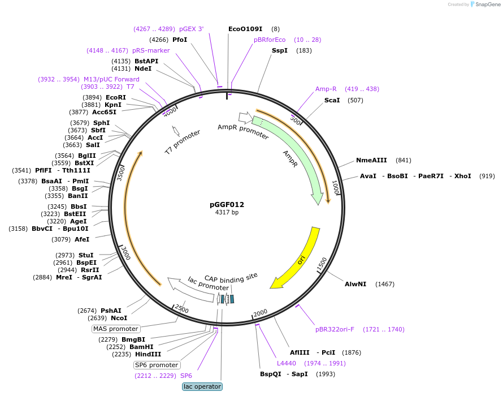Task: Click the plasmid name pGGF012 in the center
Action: (x=227, y=204)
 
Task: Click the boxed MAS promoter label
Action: (x=116, y=329)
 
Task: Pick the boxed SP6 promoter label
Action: (x=157, y=365)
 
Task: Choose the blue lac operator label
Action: (x=202, y=386)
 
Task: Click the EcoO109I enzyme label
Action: (x=245, y=29)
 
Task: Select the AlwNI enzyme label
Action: (x=355, y=284)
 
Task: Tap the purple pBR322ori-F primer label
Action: (x=336, y=329)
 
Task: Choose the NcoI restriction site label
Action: (x=119, y=318)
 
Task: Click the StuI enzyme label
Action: (x=86, y=255)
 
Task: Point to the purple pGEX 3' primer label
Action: (x=191, y=29)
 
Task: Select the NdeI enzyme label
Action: (x=142, y=68)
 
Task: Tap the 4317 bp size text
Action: (x=227, y=213)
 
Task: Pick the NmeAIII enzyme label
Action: (x=371, y=160)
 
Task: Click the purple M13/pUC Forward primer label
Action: (x=111, y=79)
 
